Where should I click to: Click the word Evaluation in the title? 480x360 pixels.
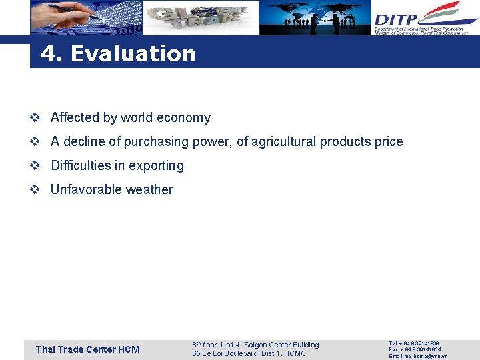(133, 53)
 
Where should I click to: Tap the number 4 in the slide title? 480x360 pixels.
(48, 53)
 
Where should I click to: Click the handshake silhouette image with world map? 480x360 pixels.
(315, 18)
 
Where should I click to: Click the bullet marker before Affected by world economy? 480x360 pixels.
(35, 118)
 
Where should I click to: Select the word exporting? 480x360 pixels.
(155, 166)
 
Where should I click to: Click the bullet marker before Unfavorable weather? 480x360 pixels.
(35, 190)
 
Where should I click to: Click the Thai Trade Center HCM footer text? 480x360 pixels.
(87, 349)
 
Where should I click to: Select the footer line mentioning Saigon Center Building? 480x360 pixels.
(255, 345)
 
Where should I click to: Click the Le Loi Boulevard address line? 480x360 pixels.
(249, 353)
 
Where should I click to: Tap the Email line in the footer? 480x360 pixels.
(418, 356)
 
